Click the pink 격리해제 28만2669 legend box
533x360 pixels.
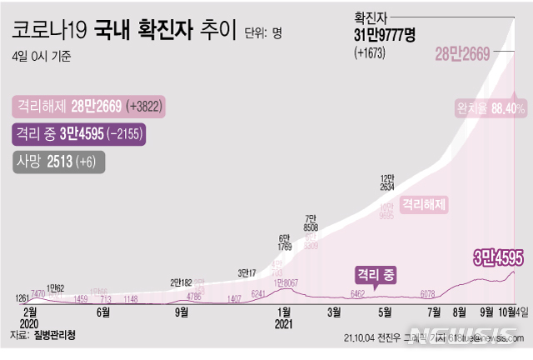coord(87,107)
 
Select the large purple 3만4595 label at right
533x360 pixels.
coord(498,257)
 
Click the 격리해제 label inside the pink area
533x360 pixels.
coord(423,202)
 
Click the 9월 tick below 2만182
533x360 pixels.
coord(181,312)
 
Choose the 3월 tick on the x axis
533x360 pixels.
coord(335,312)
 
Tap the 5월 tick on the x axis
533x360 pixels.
coord(385,312)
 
